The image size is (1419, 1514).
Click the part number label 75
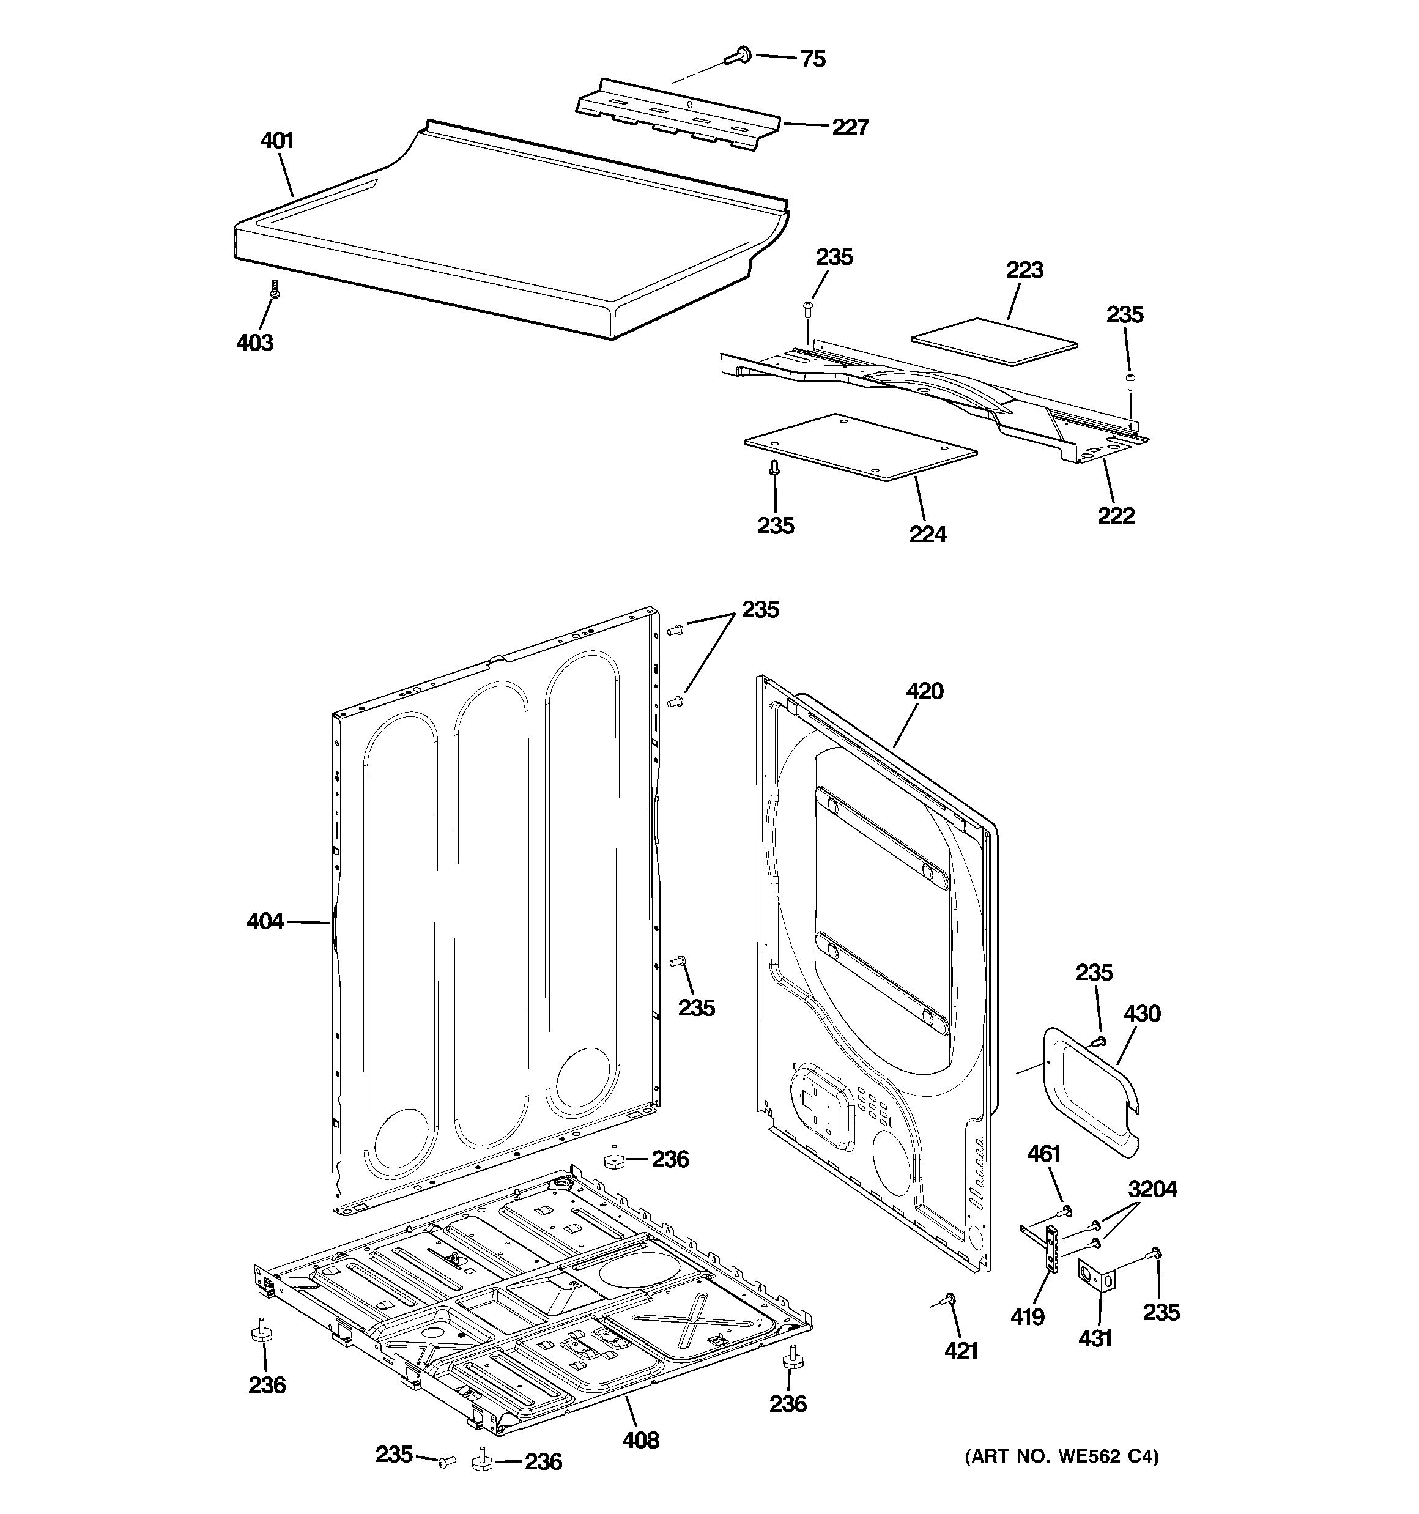point(813,59)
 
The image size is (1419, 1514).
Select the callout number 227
point(850,127)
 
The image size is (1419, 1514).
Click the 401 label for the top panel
point(276,141)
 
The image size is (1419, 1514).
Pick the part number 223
point(1024,270)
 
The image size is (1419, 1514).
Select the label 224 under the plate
point(927,535)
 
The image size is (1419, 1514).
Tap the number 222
point(1116,516)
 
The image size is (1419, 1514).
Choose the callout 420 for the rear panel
point(925,691)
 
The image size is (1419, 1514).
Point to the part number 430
point(1142,1013)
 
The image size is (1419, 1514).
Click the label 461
point(1043,1154)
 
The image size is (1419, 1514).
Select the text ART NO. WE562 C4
point(1061,1457)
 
